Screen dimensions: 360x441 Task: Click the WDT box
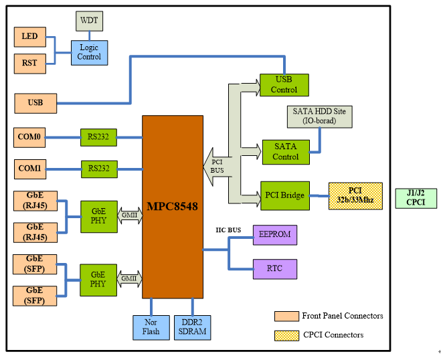89,21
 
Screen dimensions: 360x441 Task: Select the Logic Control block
89,52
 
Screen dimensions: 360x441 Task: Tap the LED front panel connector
30,36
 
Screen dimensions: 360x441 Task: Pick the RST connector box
30,64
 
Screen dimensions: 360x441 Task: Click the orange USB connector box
35,103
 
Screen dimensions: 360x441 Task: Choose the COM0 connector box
30,137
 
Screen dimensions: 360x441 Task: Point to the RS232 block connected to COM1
98,169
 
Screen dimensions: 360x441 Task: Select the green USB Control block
284,84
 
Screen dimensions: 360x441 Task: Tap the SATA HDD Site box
319,116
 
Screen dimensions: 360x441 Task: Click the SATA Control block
285,151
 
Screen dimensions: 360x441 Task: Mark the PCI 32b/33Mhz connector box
355,196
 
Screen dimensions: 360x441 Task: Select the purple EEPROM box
274,235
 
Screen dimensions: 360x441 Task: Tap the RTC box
274,269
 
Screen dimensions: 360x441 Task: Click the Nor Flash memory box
151,327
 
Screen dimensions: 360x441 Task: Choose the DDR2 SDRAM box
192,327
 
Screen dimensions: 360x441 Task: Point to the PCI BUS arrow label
217,166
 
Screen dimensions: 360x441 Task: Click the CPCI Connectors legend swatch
286,334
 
